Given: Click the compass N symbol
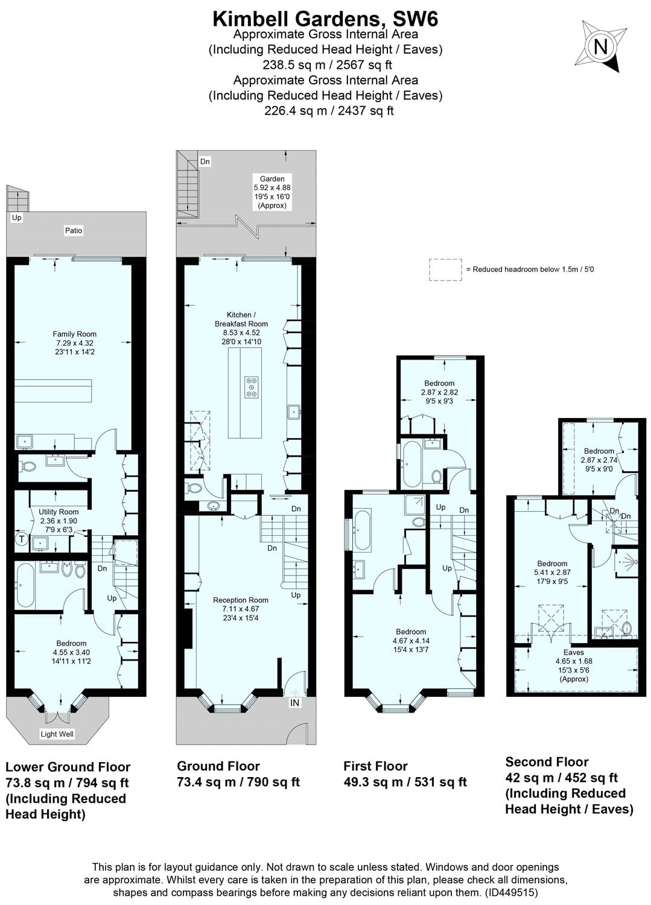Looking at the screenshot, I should tap(600, 47).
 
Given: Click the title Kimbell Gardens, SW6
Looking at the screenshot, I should tap(325, 19).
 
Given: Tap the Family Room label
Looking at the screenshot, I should tap(74, 334).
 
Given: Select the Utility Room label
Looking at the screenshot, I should tap(59, 512).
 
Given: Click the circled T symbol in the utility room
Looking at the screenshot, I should tap(22, 540).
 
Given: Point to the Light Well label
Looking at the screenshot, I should tap(57, 734).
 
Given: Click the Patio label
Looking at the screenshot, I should tap(74, 230).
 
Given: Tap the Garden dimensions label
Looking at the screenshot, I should tap(272, 192).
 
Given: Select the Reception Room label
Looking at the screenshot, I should tap(240, 600).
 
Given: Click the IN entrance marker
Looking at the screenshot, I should tap(294, 703).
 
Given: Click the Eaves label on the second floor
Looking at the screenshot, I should tap(573, 652).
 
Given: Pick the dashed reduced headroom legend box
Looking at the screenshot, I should tap(445, 270).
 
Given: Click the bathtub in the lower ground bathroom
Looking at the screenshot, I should tap(25, 585).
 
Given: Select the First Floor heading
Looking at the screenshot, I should tap(375, 766).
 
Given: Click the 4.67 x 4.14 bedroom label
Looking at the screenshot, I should tap(411, 641).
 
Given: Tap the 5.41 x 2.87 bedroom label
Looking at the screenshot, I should tap(552, 573).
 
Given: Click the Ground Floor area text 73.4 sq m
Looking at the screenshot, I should tap(238, 782).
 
